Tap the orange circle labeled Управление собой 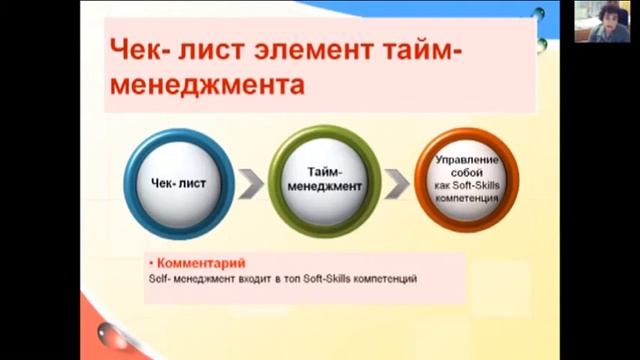pyautogui.click(x=466, y=179)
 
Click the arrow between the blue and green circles pyautogui.click(x=252, y=183)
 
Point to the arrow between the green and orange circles pyautogui.click(x=397, y=184)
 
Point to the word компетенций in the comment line pyautogui.click(x=384, y=278)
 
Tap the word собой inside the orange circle pyautogui.click(x=466, y=172)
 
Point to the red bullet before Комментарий pyautogui.click(x=150, y=263)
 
